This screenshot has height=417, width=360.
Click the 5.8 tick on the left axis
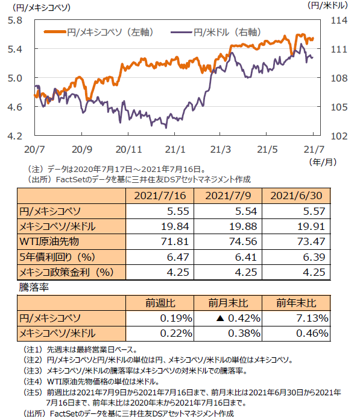click(15, 21)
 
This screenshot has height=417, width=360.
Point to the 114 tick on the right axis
click(339, 21)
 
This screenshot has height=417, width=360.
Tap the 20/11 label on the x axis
click(128, 150)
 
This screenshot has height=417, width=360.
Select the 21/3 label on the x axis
click(221, 150)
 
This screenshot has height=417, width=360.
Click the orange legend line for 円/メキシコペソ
click(55, 32)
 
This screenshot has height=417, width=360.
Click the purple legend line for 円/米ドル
click(182, 33)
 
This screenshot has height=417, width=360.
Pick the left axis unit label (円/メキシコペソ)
click(41, 7)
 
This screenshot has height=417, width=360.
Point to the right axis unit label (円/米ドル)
click(327, 5)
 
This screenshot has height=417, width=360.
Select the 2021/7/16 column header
click(160, 196)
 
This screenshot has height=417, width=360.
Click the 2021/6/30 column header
click(296, 196)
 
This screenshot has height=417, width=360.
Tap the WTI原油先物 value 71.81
click(175, 241)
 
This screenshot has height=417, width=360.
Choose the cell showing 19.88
click(243, 226)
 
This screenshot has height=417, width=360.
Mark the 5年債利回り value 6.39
click(314, 257)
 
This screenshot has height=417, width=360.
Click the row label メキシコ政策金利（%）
click(67, 272)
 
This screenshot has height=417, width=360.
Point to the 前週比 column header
click(160, 303)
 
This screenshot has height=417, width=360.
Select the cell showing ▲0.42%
click(238, 318)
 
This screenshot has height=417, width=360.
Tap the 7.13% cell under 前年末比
click(312, 318)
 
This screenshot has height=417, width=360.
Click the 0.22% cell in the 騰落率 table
click(176, 333)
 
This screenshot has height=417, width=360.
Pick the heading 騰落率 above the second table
click(34, 287)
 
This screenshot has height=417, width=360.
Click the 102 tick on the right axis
click(339, 136)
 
